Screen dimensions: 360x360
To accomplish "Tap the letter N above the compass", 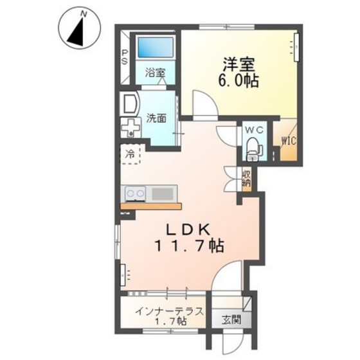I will coord(84,12).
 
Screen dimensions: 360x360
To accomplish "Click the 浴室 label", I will coord(154,73).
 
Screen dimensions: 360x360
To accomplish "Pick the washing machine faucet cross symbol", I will coord(131,127).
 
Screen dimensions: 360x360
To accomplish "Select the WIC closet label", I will coord(287,141).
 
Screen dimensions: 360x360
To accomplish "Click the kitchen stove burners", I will coord(136,192).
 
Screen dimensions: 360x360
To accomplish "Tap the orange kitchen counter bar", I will coord(150,206).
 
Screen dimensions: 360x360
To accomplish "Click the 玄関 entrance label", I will coord(231,320).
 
